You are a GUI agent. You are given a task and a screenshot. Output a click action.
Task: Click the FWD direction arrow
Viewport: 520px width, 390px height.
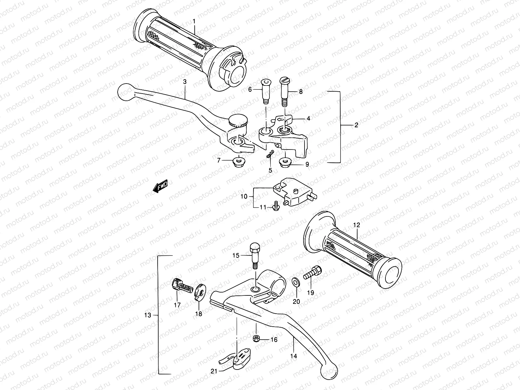click(x=161, y=187)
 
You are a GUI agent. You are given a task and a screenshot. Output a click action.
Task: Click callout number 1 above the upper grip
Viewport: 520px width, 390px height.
click(x=194, y=21)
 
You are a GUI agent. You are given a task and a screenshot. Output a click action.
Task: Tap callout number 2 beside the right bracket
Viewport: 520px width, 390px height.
click(x=356, y=125)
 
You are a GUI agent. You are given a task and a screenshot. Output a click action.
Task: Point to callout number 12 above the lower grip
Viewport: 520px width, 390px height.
click(x=357, y=225)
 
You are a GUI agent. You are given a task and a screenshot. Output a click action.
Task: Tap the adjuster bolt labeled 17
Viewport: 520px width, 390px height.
click(x=180, y=286)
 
